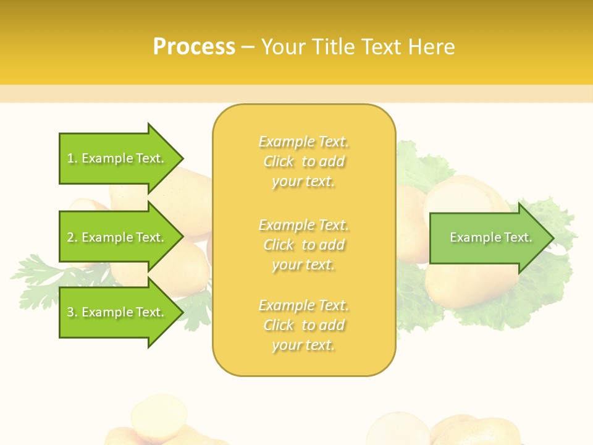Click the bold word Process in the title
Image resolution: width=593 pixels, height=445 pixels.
click(194, 47)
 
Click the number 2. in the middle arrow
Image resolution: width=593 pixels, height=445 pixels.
click(72, 237)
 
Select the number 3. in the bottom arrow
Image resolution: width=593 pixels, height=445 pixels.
click(72, 312)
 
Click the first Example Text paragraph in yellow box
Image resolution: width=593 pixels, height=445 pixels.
click(303, 161)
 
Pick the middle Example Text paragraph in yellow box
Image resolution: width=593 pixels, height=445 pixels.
click(303, 244)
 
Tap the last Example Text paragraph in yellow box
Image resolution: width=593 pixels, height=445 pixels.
click(303, 325)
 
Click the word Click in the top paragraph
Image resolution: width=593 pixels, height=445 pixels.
click(279, 161)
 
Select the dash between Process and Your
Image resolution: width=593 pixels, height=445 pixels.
click(248, 48)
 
